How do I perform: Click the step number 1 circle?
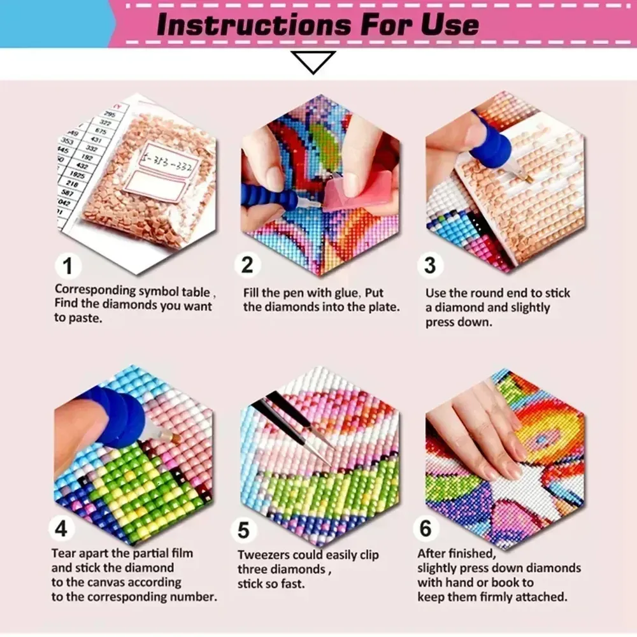(x=68, y=266)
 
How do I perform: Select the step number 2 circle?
(x=247, y=265)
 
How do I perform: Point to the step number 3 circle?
(x=430, y=265)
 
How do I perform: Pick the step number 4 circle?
(x=61, y=528)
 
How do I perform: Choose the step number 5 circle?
(x=244, y=530)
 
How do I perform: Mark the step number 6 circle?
(x=426, y=528)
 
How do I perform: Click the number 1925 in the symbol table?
(x=77, y=175)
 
